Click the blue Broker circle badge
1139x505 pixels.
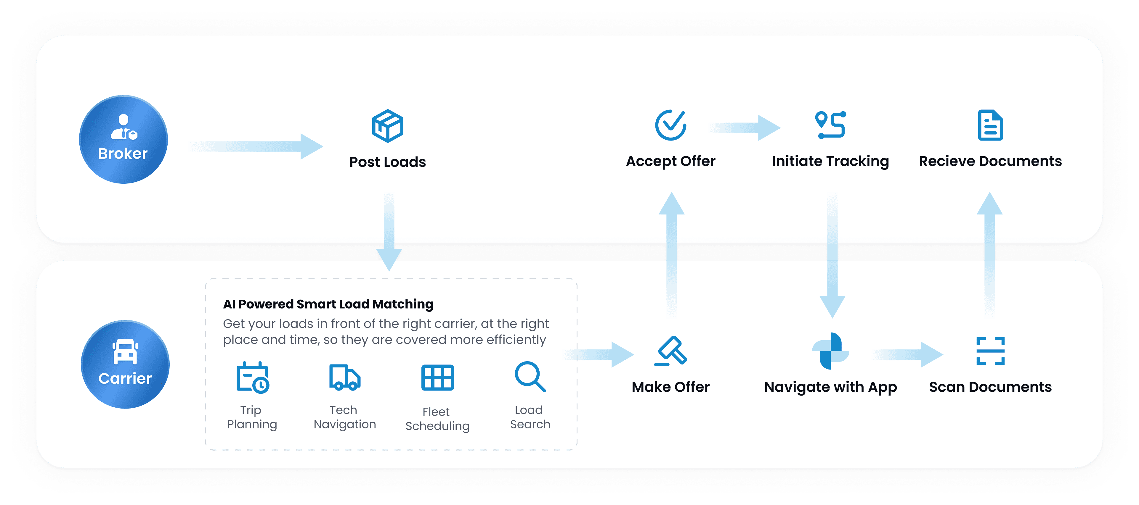click(x=123, y=139)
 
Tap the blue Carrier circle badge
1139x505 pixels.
click(x=125, y=364)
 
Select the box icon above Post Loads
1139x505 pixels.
click(x=387, y=126)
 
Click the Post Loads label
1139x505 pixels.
click(x=387, y=162)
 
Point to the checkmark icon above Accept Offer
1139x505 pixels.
click(x=670, y=125)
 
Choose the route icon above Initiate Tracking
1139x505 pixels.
click(x=830, y=125)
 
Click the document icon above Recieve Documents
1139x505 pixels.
click(x=990, y=125)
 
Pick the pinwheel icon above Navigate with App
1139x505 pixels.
click(x=830, y=351)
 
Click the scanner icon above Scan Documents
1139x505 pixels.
click(x=990, y=351)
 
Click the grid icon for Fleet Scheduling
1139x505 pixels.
click(x=437, y=378)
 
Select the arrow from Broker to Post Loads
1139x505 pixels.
click(x=256, y=146)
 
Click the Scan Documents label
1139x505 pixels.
click(x=990, y=387)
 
